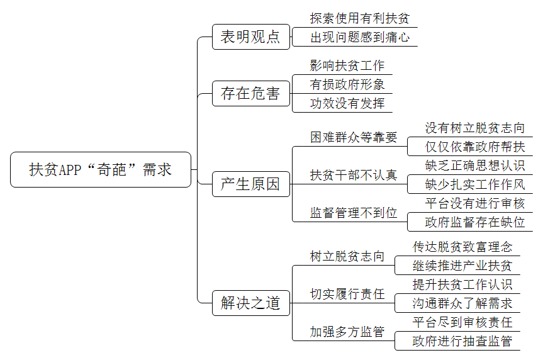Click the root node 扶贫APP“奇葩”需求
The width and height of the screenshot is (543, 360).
pyautogui.click(x=101, y=169)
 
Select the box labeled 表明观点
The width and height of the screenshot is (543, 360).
pyautogui.click(x=250, y=37)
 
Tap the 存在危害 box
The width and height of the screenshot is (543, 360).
pyautogui.click(x=250, y=93)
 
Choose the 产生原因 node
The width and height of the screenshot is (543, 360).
pyautogui.click(x=250, y=184)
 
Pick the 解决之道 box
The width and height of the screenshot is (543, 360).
pyautogui.click(x=250, y=303)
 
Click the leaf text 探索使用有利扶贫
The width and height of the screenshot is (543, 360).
pyautogui.click(x=360, y=18)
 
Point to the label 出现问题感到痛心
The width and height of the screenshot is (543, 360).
pyautogui.click(x=360, y=37)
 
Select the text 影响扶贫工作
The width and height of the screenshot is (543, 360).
pyautogui.click(x=347, y=65)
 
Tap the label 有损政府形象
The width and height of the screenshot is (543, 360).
pyautogui.click(x=347, y=84)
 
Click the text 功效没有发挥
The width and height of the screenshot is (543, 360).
pyautogui.click(x=347, y=103)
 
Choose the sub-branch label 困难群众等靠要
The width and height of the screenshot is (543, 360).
pyautogui.click(x=354, y=137)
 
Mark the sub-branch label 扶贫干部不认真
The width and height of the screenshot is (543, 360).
pyautogui.click(x=354, y=175)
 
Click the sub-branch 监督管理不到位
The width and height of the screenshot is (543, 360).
pyautogui.click(x=354, y=213)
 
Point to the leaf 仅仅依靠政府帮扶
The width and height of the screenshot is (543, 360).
pyautogui.click(x=475, y=147)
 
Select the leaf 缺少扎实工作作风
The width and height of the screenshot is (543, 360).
pyautogui.click(x=475, y=184)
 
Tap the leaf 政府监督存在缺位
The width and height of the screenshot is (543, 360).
pyautogui.click(x=475, y=222)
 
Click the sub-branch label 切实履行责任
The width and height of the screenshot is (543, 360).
pyautogui.click(x=347, y=294)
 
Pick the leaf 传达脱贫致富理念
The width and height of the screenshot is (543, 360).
pyautogui.click(x=462, y=247)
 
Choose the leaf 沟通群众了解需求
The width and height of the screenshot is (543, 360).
pyautogui.click(x=462, y=303)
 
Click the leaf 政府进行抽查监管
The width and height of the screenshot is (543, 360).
pyautogui.click(x=462, y=341)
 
